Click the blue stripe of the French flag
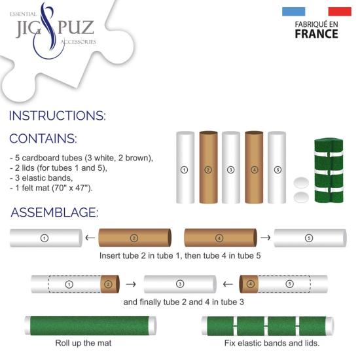click(294, 11)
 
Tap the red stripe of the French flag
click(340, 11)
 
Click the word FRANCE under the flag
click(316, 34)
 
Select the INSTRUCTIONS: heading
click(57, 116)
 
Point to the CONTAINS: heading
click(43, 139)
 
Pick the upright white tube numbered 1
click(185, 168)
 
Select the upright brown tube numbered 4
click(253, 168)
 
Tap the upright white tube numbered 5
click(277, 168)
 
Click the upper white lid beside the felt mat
click(301, 183)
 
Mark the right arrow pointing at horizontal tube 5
click(265, 238)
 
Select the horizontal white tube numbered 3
click(179, 284)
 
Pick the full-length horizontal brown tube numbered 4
click(219, 238)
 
